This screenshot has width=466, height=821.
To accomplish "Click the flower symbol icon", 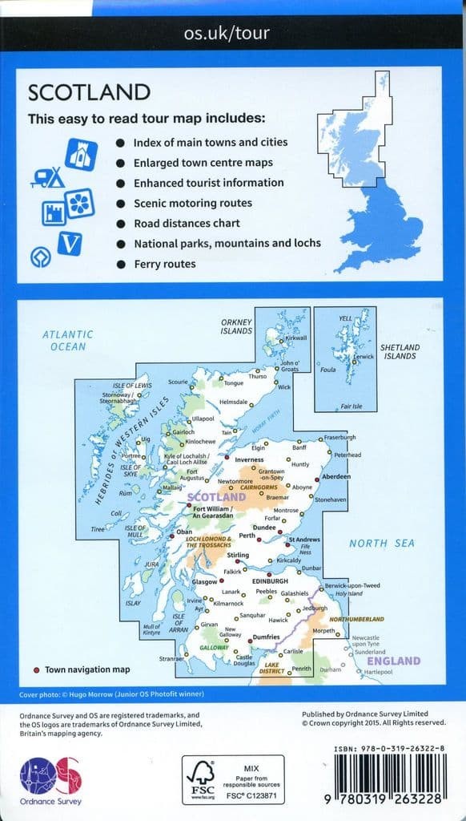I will [x=81, y=204].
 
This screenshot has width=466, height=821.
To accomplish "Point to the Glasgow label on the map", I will [x=205, y=581].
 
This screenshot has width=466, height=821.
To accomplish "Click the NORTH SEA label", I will [x=382, y=544].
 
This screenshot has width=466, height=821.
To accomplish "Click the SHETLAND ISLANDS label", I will [x=397, y=351].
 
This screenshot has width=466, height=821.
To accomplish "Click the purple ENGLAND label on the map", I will [x=392, y=661].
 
